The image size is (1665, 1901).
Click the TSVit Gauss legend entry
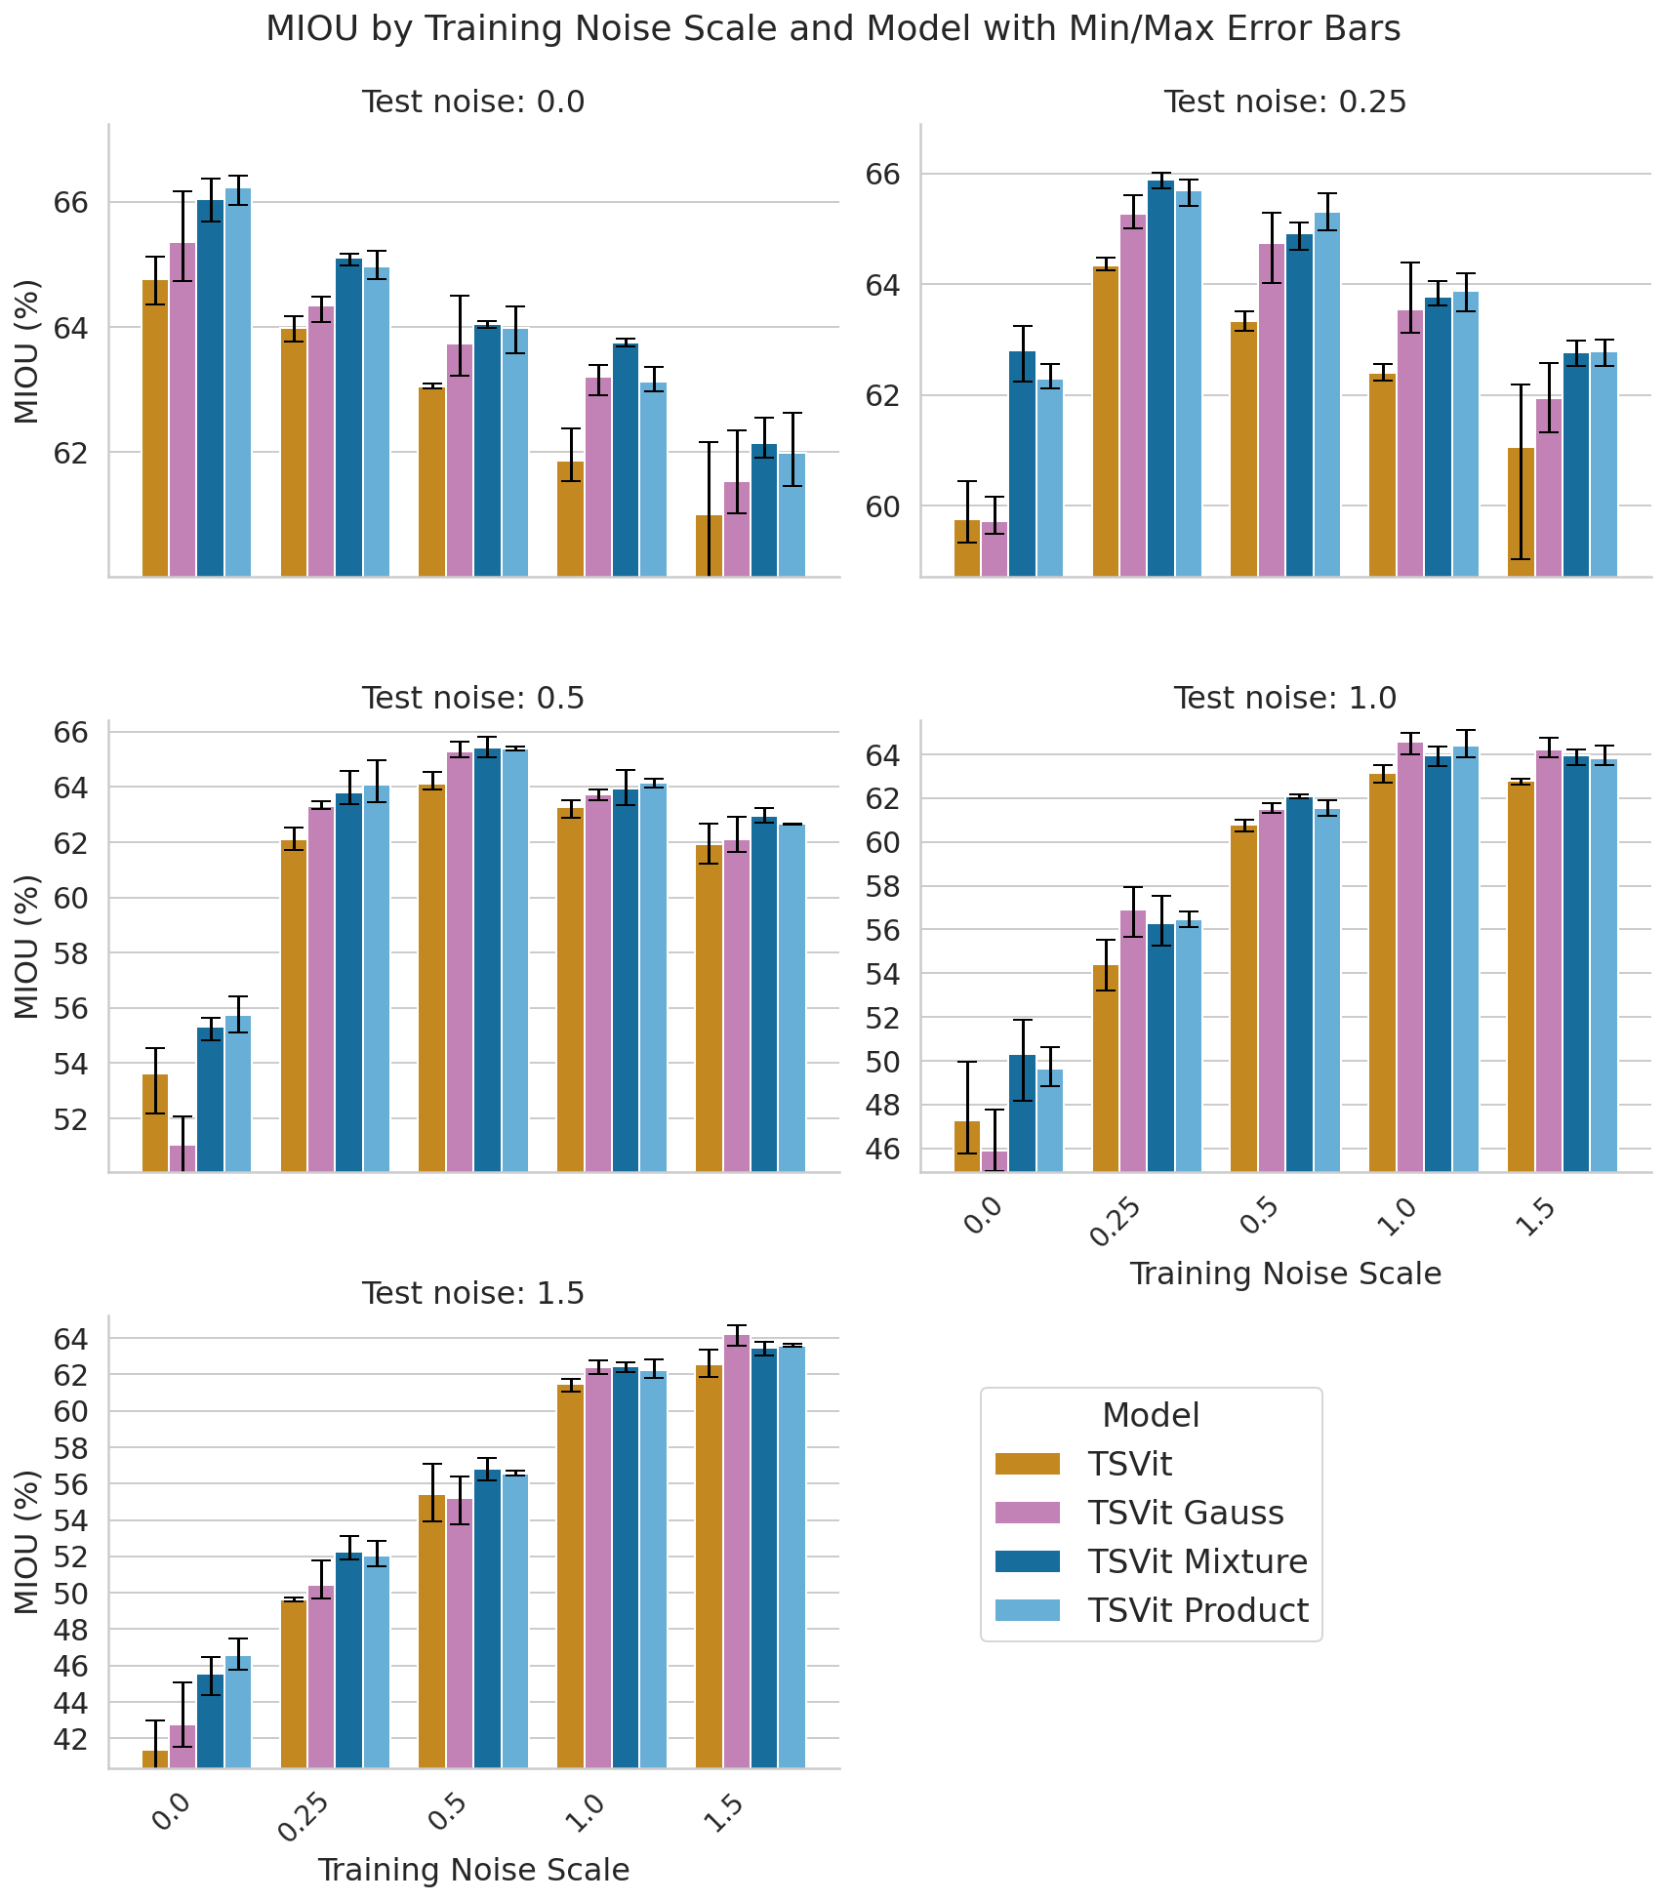[1185, 1513]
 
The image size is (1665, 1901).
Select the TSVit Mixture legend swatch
[1027, 1561]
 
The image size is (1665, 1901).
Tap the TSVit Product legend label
[1198, 1610]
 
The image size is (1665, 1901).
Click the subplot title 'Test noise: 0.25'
[1284, 101]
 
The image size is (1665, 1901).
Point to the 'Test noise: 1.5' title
[472, 1293]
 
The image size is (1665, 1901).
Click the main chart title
[832, 29]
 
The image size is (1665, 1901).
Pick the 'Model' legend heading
[1151, 1415]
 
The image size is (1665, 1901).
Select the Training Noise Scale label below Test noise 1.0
[1284, 1274]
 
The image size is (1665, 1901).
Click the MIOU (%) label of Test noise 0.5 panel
[27, 947]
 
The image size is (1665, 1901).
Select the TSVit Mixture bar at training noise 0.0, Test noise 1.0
[1022, 1112]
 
